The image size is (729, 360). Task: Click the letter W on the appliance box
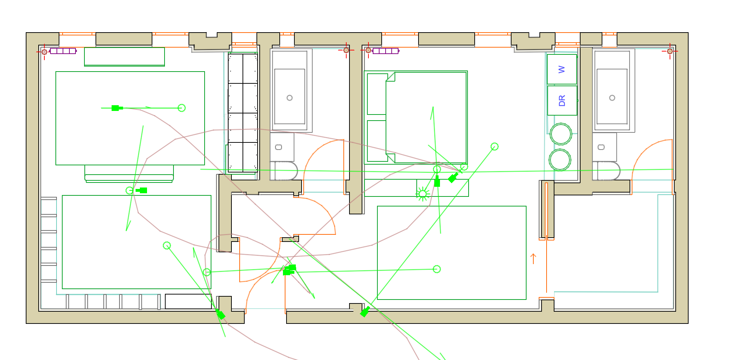562,69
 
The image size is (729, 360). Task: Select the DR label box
562,101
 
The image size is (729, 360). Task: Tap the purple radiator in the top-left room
63,51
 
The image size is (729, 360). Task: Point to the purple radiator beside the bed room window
386,51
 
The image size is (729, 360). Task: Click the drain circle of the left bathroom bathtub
290,98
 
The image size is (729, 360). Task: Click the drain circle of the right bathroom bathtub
612,98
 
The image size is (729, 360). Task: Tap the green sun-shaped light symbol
423,194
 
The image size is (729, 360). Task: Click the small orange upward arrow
533,258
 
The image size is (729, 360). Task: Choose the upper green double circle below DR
561,134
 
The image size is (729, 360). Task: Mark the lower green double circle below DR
560,160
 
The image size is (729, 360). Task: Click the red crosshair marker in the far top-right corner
670,51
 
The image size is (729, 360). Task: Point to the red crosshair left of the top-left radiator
44,52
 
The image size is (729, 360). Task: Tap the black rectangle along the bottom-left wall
188,301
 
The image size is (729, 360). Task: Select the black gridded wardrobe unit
243,113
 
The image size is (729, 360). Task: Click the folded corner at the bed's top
391,77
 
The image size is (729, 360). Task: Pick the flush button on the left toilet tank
279,147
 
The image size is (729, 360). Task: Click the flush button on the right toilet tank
601,147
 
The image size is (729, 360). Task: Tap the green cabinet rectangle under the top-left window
124,57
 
